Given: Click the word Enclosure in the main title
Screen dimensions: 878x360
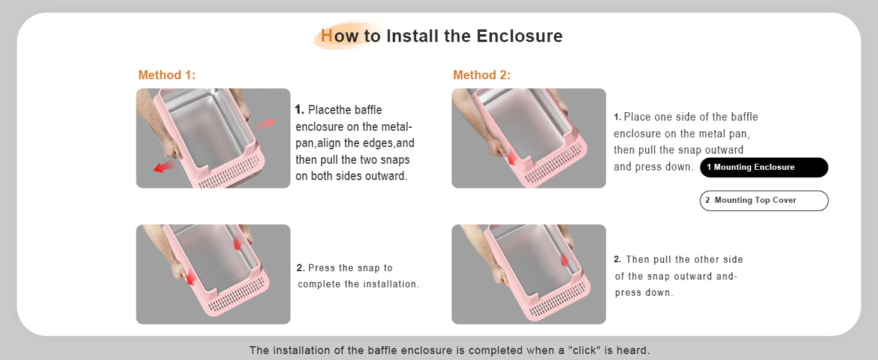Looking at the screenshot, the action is pyautogui.click(x=519, y=36).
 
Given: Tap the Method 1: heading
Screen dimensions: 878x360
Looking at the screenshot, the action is pyautogui.click(x=167, y=75).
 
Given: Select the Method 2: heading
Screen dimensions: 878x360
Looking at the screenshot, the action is pyautogui.click(x=482, y=75).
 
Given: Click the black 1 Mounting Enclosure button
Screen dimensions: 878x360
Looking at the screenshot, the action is pyautogui.click(x=764, y=167).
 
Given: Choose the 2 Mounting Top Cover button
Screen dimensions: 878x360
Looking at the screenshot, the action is pyautogui.click(x=764, y=200).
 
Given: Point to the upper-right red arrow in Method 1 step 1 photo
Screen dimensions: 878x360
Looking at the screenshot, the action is pyautogui.click(x=265, y=124).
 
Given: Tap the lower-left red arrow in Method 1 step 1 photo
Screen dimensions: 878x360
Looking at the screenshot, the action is pyautogui.click(x=164, y=166).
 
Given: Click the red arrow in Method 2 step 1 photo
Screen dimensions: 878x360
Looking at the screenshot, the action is pyautogui.click(x=512, y=158).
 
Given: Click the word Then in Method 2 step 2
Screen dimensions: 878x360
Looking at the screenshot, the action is pyautogui.click(x=638, y=259).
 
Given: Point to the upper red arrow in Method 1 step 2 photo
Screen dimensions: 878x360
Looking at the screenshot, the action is pyautogui.click(x=237, y=244).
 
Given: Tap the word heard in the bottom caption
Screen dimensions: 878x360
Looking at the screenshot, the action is pyautogui.click(x=633, y=350).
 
